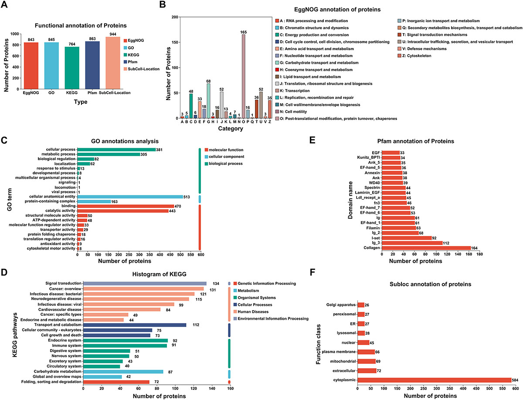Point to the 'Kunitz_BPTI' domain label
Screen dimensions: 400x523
click(367, 157)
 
